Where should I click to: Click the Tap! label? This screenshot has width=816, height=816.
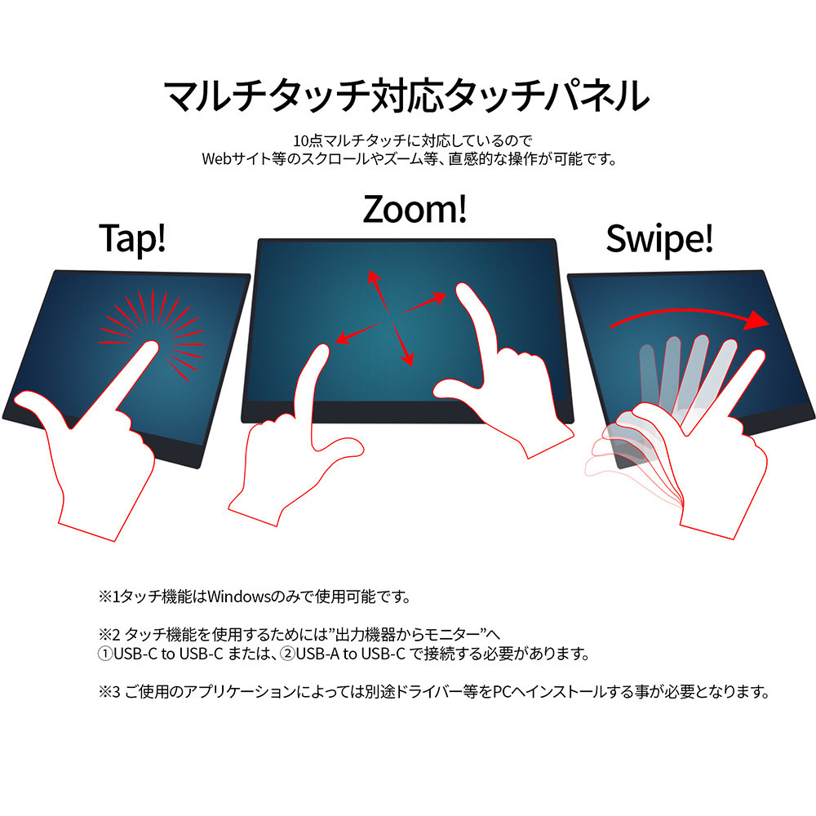133,238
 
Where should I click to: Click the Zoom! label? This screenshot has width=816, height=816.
415,209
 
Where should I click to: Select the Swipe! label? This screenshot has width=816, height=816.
659,239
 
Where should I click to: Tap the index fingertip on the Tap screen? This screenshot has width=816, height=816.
152,347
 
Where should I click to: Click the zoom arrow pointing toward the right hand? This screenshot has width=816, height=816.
424,304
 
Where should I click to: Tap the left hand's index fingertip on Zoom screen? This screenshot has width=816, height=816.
322,350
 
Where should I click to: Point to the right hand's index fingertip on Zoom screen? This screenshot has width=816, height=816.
462,290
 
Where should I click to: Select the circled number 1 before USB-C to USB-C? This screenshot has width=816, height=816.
105,654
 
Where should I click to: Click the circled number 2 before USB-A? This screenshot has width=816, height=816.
288,654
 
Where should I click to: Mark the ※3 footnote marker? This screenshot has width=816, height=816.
109,692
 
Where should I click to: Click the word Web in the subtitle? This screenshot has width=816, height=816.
216,159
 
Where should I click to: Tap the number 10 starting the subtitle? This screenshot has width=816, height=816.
300,140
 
